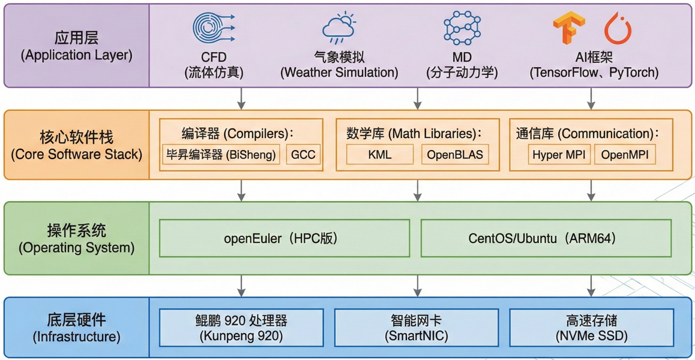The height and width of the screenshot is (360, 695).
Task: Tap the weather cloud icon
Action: (339, 28)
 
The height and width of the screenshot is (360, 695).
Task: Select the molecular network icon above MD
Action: (462, 28)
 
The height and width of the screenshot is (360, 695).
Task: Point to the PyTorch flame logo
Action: (618, 29)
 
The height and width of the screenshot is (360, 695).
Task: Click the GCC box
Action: (303, 154)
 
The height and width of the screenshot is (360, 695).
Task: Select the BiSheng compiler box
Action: (221, 154)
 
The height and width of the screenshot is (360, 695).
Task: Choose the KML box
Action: (379, 154)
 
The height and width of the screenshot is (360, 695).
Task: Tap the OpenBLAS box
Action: (455, 154)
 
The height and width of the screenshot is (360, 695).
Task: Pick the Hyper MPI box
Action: (559, 154)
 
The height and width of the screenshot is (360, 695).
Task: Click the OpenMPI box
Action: (625, 154)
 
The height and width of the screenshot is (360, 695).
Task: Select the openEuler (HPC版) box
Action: (284, 238)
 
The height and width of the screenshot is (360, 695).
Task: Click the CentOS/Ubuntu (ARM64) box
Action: (546, 238)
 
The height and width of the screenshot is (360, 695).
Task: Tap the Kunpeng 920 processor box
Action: (241, 328)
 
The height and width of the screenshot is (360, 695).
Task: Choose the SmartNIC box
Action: (416, 328)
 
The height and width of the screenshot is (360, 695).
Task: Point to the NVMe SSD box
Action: (591, 328)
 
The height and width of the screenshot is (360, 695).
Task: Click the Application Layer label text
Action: (76, 47)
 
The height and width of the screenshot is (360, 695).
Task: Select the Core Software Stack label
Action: (76, 145)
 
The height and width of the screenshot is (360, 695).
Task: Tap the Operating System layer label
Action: (76, 238)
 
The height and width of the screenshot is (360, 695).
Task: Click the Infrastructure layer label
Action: (76, 328)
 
